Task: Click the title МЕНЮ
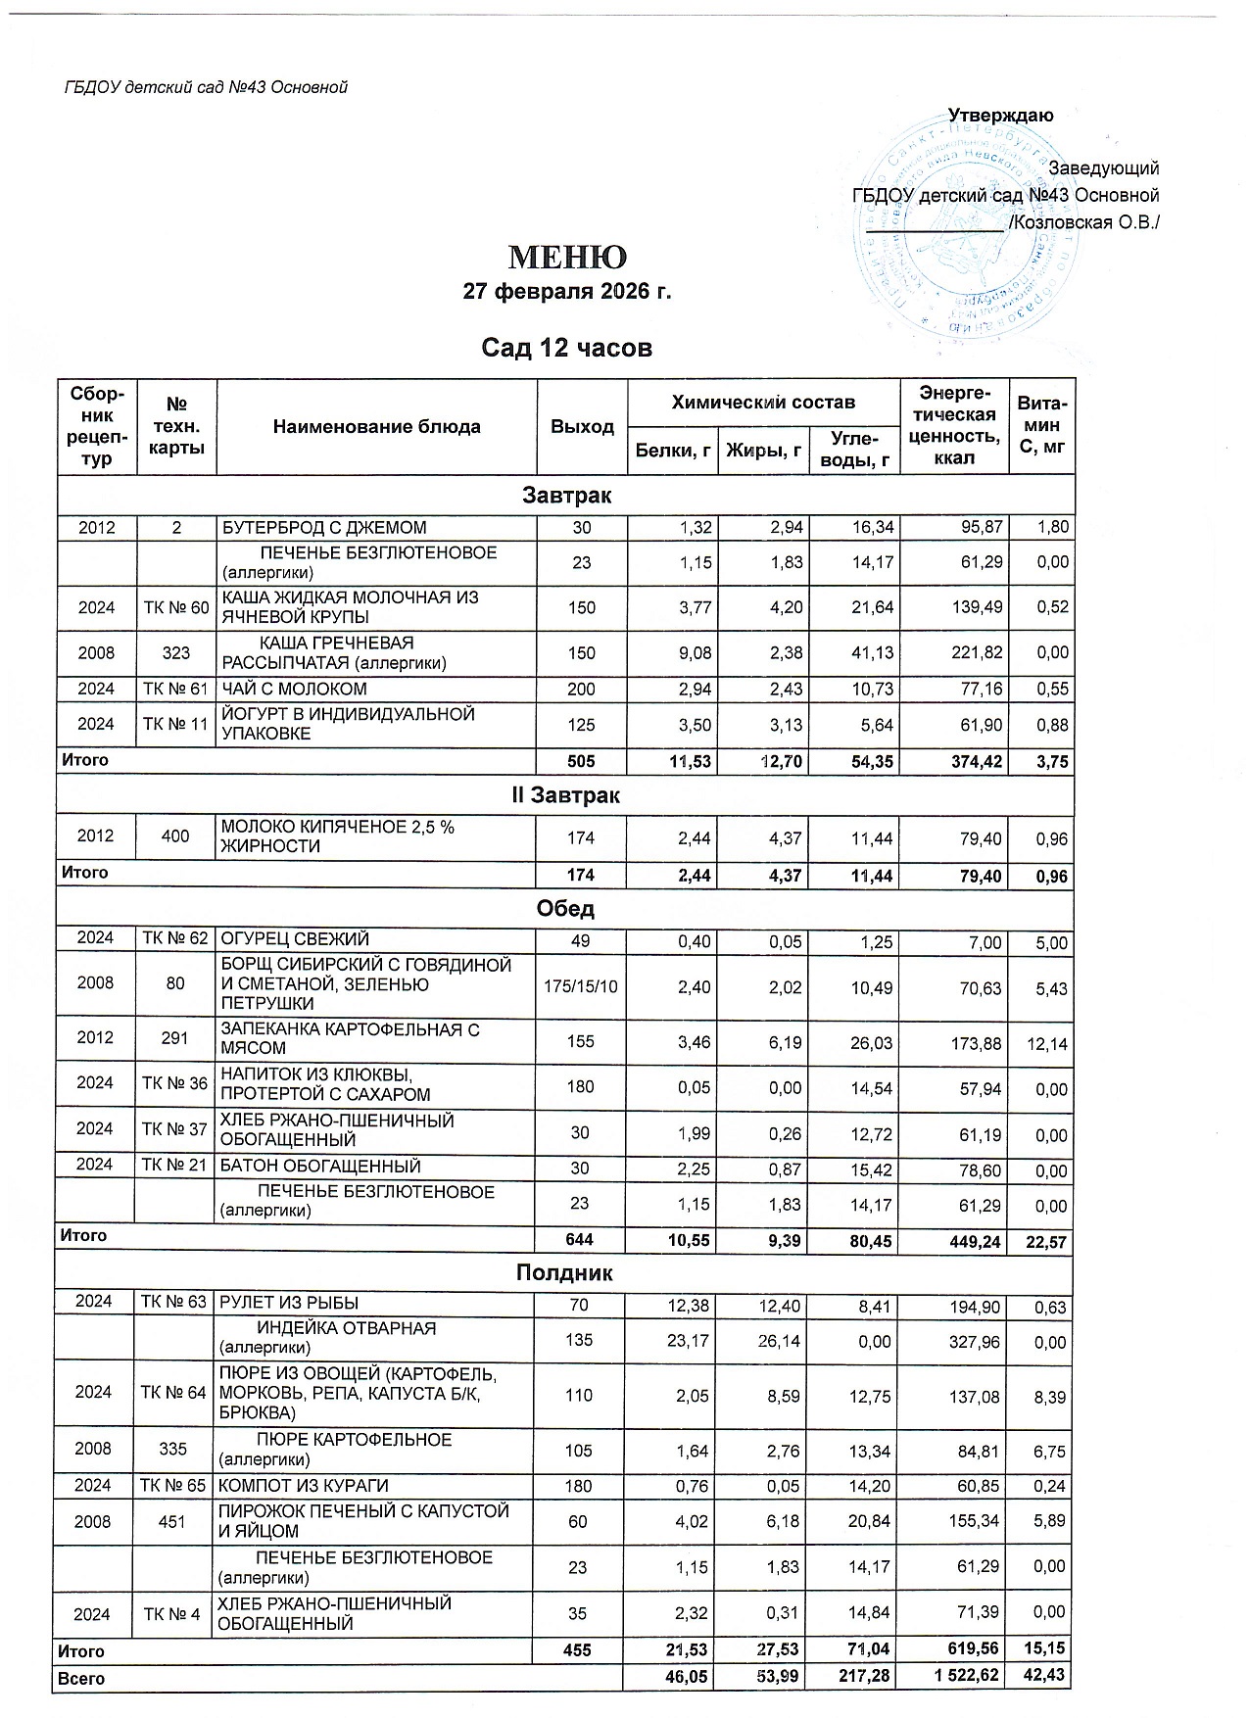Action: pos(566,258)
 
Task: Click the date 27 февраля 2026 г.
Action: pos(566,292)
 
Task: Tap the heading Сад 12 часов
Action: pos(566,348)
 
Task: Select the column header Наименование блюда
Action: pos(376,427)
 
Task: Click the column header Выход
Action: pos(582,427)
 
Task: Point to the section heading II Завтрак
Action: pos(566,795)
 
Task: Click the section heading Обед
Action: pos(566,908)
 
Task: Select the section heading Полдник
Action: pos(565,1273)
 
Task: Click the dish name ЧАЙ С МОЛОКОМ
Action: pos(294,689)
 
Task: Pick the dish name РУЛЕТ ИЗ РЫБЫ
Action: pos(289,1303)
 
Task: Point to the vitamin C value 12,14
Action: pos(1043,1045)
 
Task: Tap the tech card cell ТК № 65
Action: pos(175,1486)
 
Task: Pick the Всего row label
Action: pos(82,1678)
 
